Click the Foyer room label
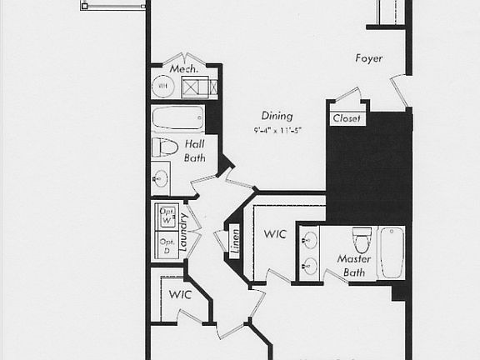(x=368, y=59)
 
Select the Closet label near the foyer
(x=347, y=119)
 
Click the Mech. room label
(x=183, y=68)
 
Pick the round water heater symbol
(x=163, y=86)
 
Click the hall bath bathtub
(x=177, y=118)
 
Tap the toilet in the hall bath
(x=167, y=147)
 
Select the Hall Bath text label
(x=194, y=151)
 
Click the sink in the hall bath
(x=162, y=177)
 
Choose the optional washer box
(x=166, y=215)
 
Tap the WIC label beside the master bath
(x=275, y=234)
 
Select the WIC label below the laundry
(x=180, y=295)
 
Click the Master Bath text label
(x=354, y=266)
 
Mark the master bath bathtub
(x=392, y=252)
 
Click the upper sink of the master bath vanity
(x=310, y=242)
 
